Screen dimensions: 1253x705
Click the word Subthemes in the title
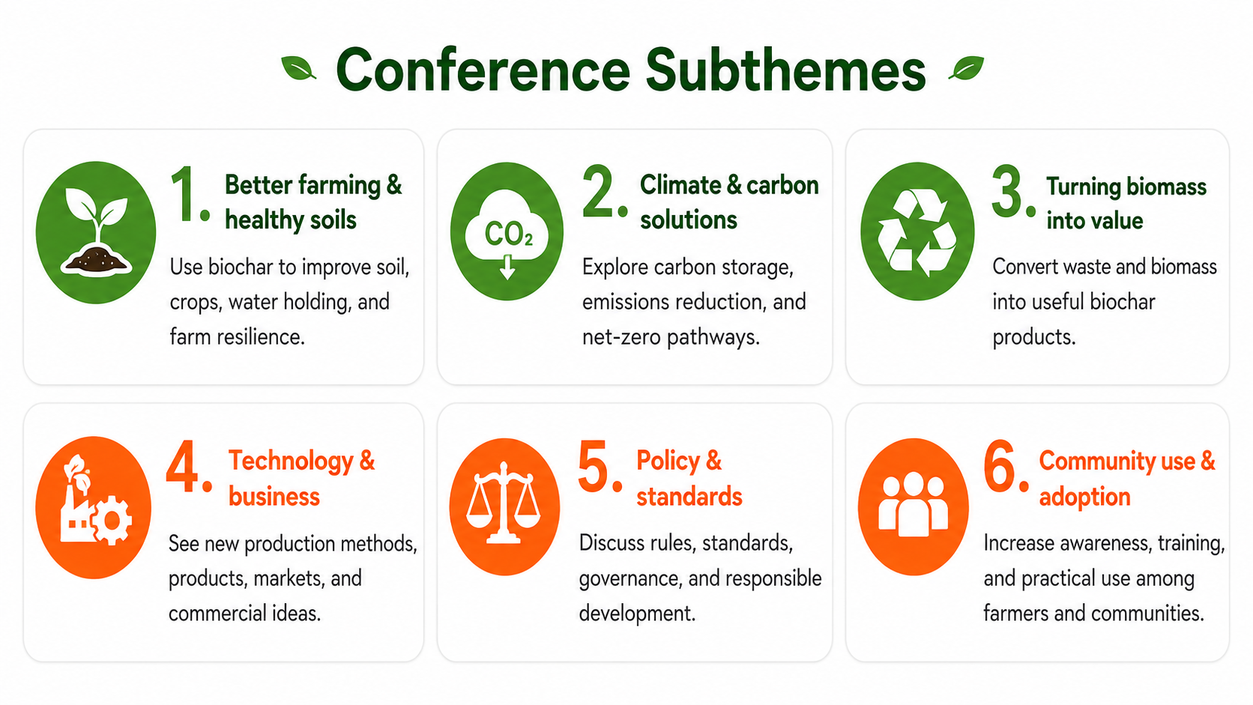[x=785, y=70]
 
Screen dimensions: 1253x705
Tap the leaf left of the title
[x=298, y=68]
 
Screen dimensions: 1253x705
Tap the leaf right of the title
[x=967, y=68]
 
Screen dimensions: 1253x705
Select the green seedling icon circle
[x=96, y=232]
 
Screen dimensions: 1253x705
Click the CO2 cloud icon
[x=507, y=232]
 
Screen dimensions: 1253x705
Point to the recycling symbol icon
[x=917, y=232]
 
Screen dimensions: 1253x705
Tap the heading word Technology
[x=291, y=462]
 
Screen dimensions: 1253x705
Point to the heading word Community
[x=1096, y=462]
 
